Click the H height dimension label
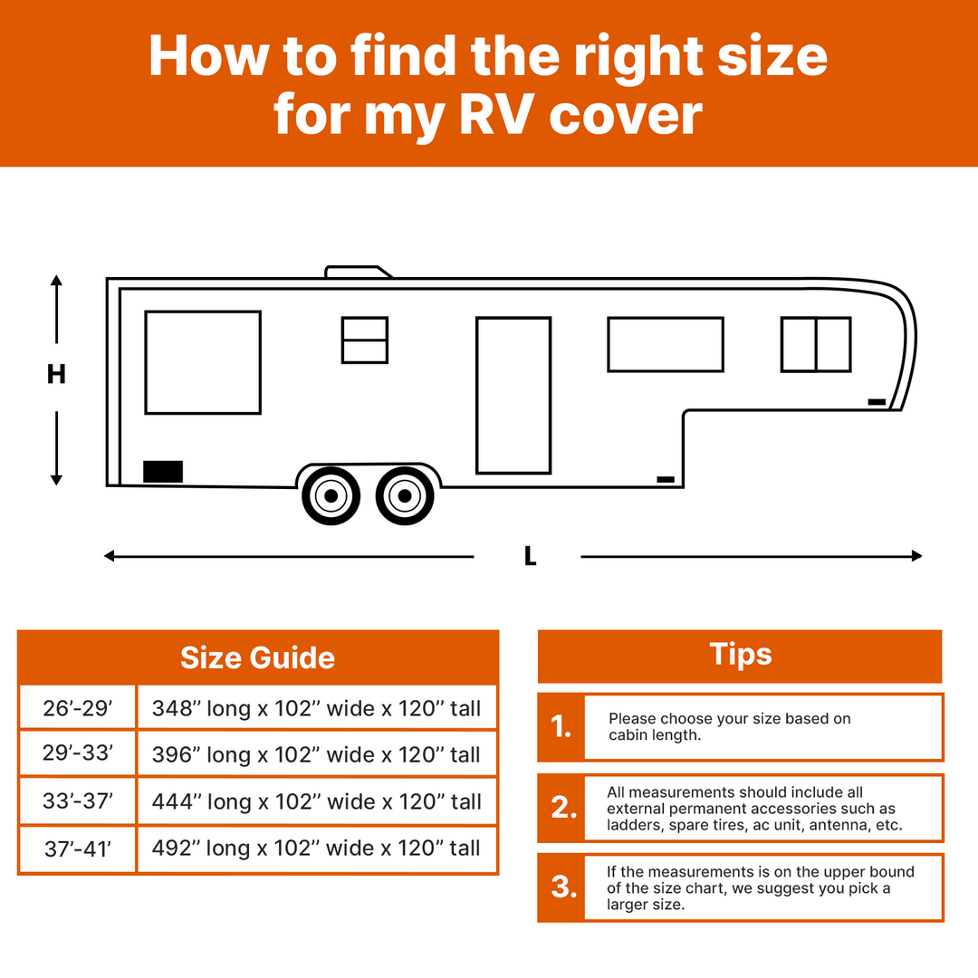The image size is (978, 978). (x=56, y=374)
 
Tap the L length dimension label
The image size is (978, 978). (x=530, y=556)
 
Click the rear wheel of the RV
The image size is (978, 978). (x=331, y=496)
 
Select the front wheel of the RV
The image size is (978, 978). (x=405, y=496)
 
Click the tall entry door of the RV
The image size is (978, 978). (x=513, y=396)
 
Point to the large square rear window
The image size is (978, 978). (x=203, y=362)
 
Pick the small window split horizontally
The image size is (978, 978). (x=365, y=340)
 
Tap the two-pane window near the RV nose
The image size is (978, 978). (x=816, y=344)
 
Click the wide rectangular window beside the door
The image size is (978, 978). (x=666, y=344)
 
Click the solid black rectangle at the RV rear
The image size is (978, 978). (x=163, y=472)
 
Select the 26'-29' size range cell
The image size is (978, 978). (x=77, y=708)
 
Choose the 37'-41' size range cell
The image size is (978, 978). (x=77, y=849)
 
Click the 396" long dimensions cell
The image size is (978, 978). (x=317, y=754)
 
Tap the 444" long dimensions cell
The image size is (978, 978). (x=317, y=801)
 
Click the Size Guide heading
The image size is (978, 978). (x=257, y=657)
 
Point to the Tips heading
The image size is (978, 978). (x=741, y=655)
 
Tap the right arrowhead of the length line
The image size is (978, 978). (x=916, y=556)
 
